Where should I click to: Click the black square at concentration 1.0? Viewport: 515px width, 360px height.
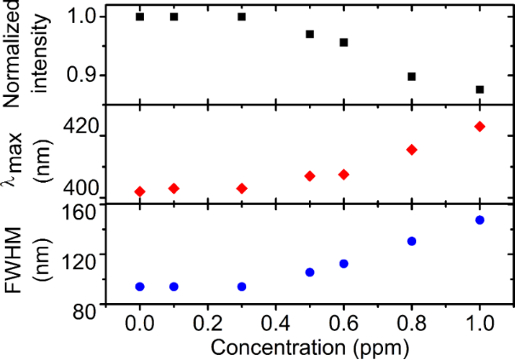click(x=480, y=89)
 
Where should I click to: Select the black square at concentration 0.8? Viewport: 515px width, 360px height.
click(x=412, y=77)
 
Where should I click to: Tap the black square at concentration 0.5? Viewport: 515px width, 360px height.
click(x=310, y=34)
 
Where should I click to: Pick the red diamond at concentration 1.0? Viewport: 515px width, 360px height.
click(x=480, y=127)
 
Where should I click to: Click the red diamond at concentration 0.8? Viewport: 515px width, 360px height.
click(x=412, y=150)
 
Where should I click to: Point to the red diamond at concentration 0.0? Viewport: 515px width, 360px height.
click(x=140, y=191)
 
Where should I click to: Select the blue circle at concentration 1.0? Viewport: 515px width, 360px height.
click(x=480, y=220)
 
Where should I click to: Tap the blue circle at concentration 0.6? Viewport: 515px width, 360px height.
click(x=344, y=264)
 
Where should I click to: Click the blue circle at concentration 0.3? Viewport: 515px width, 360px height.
click(x=242, y=287)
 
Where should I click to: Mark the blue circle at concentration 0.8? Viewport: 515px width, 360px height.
click(x=412, y=241)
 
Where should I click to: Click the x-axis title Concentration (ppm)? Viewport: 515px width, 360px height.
click(x=310, y=347)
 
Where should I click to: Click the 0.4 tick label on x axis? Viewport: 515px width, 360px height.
click(x=275, y=324)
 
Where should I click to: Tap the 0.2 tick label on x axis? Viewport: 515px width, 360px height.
click(x=207, y=324)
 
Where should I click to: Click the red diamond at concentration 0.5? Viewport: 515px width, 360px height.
click(x=310, y=176)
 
